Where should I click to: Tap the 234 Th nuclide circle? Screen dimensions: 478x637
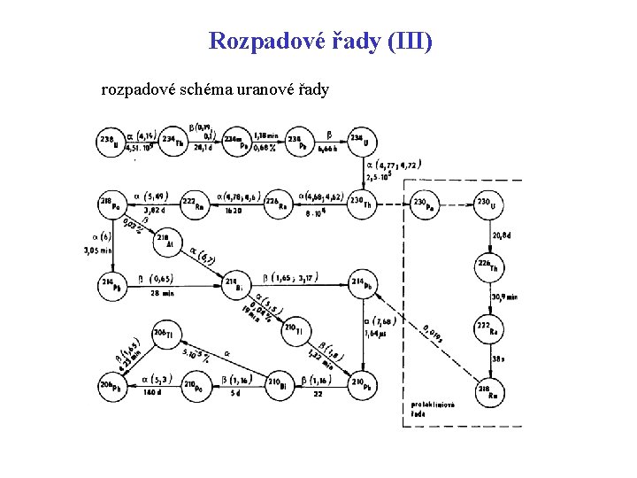pos(174,142)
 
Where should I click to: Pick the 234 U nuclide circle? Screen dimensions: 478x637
pos(360,142)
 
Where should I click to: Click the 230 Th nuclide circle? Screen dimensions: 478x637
pos(360,205)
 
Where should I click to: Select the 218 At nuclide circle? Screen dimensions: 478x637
pos(166,240)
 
